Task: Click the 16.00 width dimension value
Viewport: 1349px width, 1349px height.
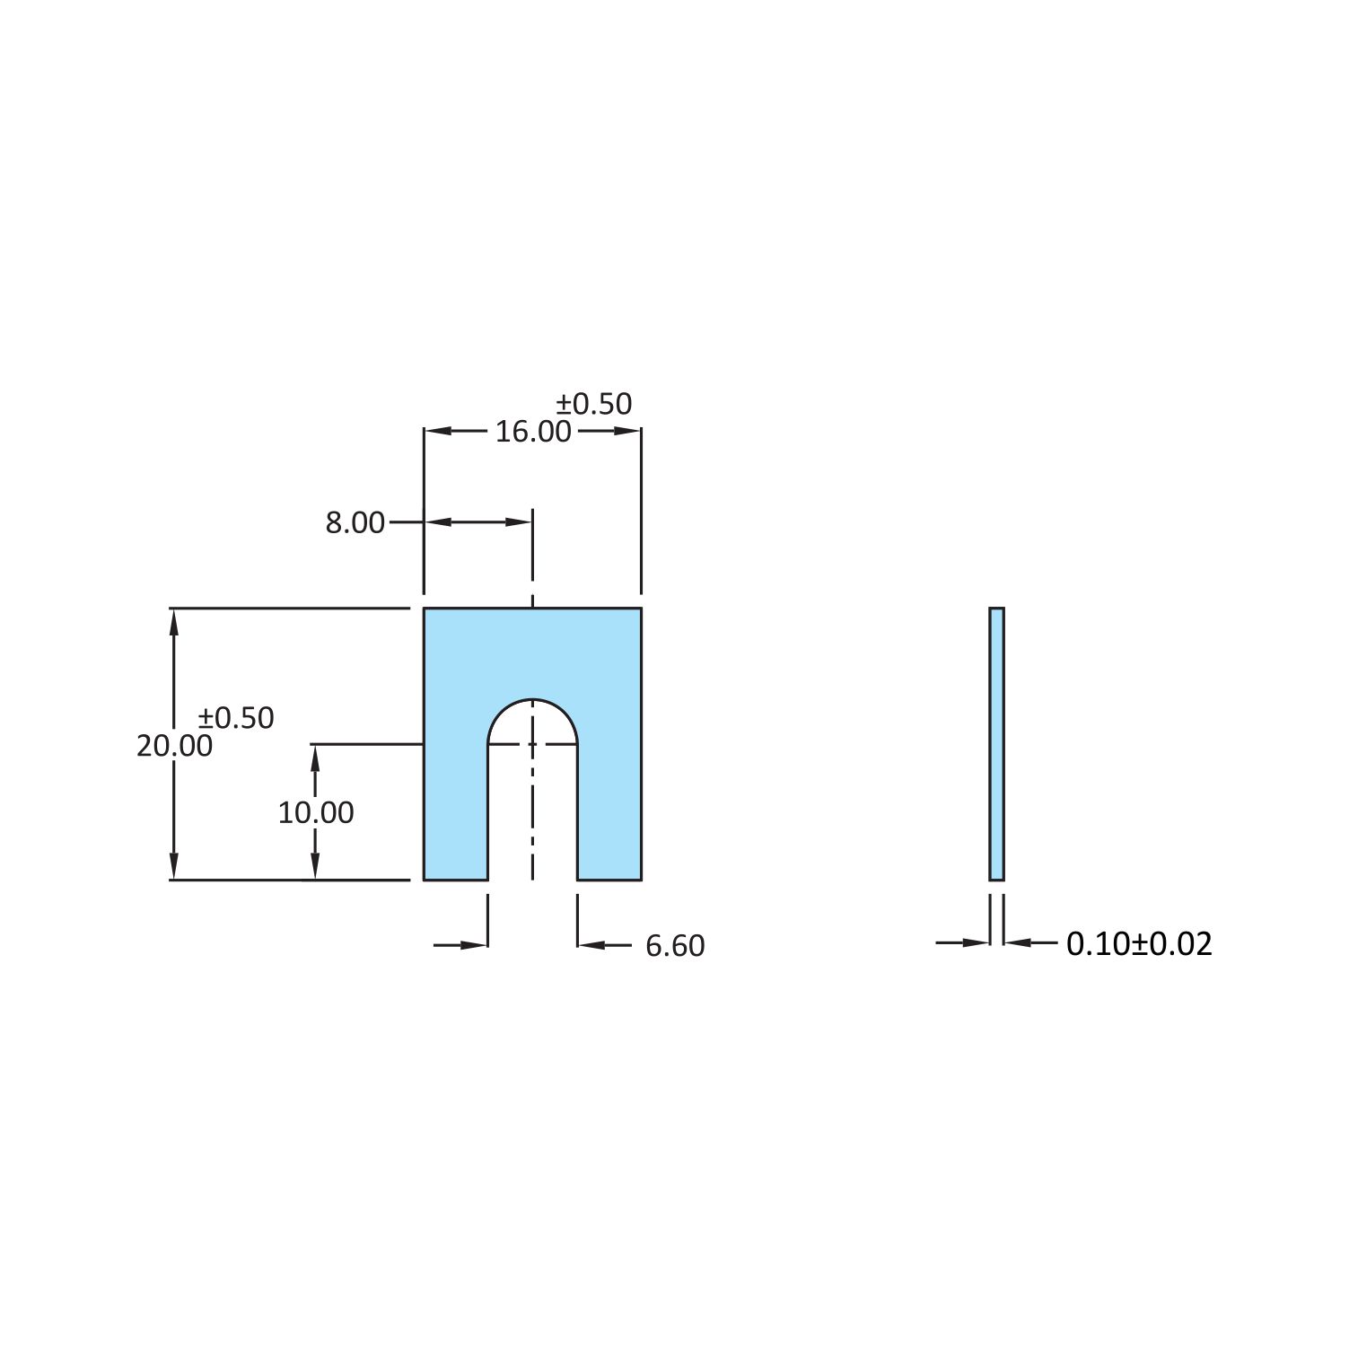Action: [533, 432]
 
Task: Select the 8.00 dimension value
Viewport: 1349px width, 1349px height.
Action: [355, 522]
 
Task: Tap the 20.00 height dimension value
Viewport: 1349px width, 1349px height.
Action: [174, 746]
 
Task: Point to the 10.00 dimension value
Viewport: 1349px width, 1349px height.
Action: [315, 812]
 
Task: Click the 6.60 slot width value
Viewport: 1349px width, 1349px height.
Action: [675, 946]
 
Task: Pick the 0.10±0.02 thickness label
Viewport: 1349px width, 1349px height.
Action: [1139, 943]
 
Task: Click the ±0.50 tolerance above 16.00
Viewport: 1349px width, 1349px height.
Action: [593, 404]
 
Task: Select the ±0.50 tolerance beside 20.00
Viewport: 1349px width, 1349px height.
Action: [236, 718]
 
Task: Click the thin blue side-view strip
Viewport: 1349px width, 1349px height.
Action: [996, 744]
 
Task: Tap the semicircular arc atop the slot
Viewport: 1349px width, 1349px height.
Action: [533, 699]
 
